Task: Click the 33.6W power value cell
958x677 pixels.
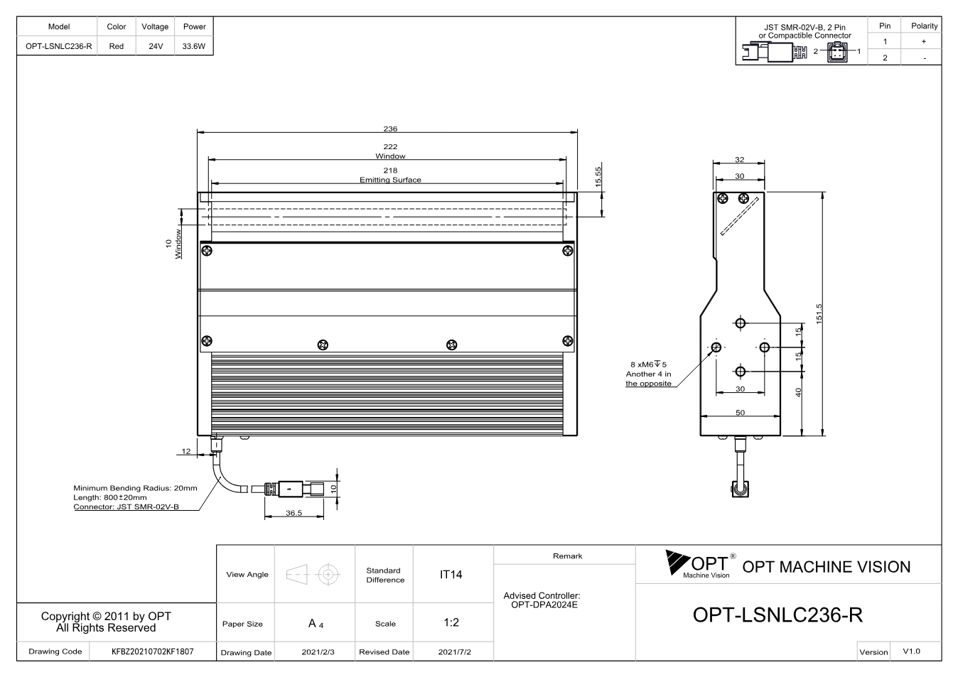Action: click(x=194, y=46)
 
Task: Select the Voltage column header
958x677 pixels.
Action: click(x=155, y=26)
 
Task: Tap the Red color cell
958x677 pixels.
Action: click(x=117, y=46)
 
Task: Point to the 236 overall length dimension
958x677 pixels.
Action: click(x=390, y=129)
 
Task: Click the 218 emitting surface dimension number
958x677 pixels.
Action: click(x=390, y=170)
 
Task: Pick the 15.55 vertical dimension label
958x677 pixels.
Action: click(x=598, y=176)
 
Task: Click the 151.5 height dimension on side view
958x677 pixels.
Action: click(x=819, y=314)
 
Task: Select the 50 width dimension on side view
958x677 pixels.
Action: click(x=740, y=413)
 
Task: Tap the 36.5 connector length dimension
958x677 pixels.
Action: click(x=294, y=513)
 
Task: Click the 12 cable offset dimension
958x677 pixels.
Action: click(x=186, y=451)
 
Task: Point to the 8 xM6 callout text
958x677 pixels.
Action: click(x=648, y=364)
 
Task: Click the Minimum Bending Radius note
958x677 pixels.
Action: click(x=135, y=488)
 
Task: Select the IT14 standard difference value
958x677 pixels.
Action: click(x=451, y=575)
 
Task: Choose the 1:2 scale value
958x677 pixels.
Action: click(x=451, y=622)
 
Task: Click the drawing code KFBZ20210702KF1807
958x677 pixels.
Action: click(x=153, y=651)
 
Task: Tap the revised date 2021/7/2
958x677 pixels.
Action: click(x=455, y=652)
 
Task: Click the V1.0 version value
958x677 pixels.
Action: click(x=911, y=651)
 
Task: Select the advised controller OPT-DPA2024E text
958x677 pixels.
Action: click(x=544, y=605)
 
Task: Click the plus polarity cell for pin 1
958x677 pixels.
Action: click(x=924, y=41)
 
